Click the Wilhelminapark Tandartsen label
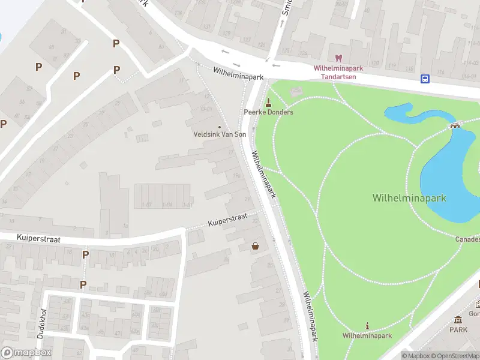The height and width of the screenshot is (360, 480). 338,72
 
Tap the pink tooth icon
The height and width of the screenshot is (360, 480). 338,58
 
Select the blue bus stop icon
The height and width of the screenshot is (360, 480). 425,79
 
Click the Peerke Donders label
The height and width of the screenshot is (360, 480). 268,112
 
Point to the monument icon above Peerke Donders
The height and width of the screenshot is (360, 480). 268,101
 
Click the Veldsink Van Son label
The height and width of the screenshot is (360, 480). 220,134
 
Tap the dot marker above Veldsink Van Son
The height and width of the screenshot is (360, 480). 220,127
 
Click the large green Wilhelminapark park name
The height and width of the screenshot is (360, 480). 409,197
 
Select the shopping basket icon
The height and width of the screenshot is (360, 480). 256,245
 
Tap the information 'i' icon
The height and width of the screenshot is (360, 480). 367,326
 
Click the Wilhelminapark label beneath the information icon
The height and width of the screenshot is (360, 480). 367,335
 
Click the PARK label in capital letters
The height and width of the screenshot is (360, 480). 458,329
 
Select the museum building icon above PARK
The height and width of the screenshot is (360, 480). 458,319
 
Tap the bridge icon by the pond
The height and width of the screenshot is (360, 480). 455,125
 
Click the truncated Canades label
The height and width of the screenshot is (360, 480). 467,239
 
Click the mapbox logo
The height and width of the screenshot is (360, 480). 26,353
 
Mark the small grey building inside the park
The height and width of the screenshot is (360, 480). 296,92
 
